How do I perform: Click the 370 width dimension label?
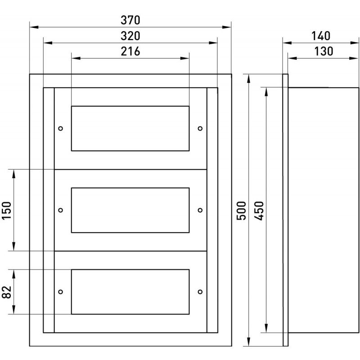click(x=130, y=20)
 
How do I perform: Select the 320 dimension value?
click(x=130, y=36)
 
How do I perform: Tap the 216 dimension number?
click(x=130, y=51)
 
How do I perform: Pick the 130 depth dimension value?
click(x=324, y=51)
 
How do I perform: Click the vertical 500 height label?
click(x=242, y=210)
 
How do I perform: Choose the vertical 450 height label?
click(x=259, y=210)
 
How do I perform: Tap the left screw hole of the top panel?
click(x=61, y=128)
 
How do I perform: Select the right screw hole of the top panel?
click(x=200, y=128)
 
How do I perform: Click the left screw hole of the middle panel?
click(x=61, y=210)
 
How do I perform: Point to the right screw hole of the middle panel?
click(x=200, y=210)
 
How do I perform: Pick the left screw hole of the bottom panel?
click(x=61, y=291)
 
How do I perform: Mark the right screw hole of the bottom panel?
click(x=200, y=291)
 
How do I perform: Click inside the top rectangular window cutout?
click(x=130, y=128)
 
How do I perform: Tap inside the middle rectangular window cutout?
click(x=130, y=210)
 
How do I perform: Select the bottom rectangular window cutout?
click(x=130, y=291)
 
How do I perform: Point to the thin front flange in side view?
click(x=285, y=210)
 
